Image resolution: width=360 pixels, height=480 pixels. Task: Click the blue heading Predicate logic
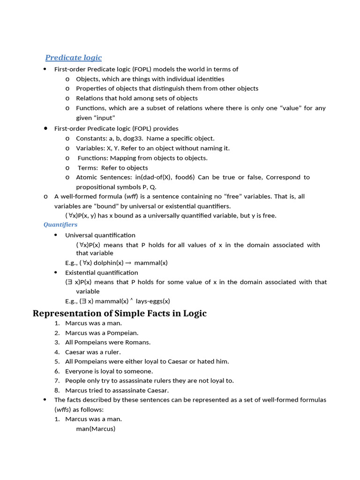click(73, 58)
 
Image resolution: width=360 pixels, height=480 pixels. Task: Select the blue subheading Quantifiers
click(60, 225)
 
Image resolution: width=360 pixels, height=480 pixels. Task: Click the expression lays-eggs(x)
click(153, 301)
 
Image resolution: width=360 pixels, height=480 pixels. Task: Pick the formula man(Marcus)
click(96, 428)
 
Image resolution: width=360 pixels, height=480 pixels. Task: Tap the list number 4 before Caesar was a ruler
click(57, 352)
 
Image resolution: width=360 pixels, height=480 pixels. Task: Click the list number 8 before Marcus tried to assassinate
click(57, 390)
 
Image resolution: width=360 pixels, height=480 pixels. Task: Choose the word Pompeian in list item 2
click(123, 333)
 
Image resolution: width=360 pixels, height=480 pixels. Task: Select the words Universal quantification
click(100, 235)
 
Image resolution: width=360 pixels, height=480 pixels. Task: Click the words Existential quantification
click(101, 272)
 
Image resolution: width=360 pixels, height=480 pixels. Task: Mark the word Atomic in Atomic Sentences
click(87, 177)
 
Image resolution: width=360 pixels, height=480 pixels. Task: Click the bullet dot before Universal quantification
click(55, 235)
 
